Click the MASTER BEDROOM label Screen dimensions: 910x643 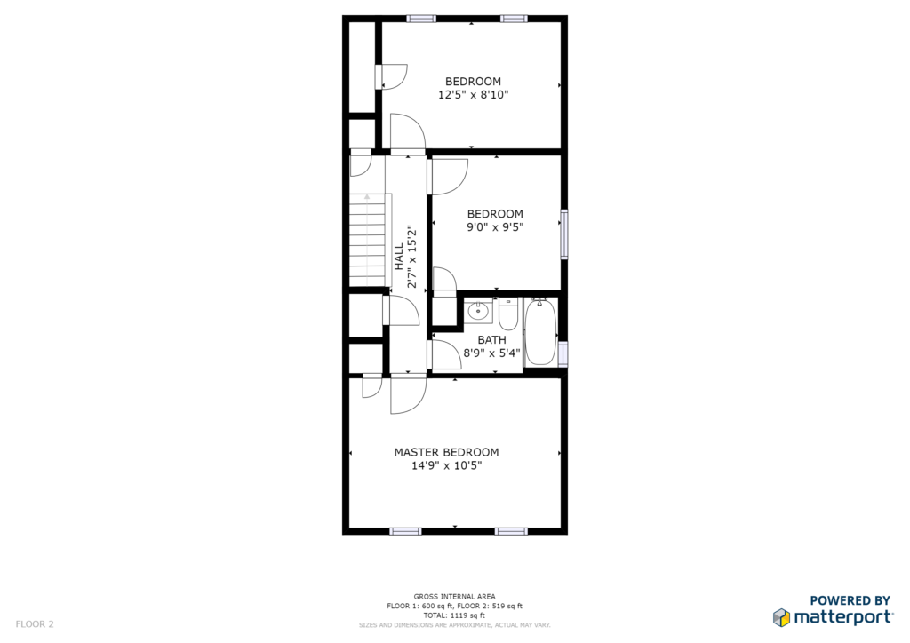[x=446, y=452]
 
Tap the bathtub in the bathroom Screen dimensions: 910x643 [x=541, y=331]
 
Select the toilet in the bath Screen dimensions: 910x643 [x=507, y=314]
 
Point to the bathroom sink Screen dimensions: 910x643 [x=478, y=312]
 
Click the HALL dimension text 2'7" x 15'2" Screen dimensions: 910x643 [x=412, y=257]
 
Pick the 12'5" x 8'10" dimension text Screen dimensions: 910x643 [x=473, y=94]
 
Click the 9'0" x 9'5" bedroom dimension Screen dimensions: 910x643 [x=495, y=227]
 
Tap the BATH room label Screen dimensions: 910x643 [x=491, y=340]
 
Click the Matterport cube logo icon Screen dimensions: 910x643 [x=781, y=617]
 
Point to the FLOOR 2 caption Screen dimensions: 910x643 [x=35, y=623]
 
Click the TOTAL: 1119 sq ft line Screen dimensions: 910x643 [x=454, y=615]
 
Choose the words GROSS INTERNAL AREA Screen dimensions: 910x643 [x=454, y=596]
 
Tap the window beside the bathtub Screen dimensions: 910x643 [x=563, y=353]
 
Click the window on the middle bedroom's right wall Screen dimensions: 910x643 [x=563, y=234]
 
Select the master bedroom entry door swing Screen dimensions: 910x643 [x=408, y=395]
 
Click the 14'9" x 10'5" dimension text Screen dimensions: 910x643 [x=446, y=465]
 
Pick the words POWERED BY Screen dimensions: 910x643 [x=850, y=600]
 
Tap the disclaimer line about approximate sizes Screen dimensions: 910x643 [x=454, y=625]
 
